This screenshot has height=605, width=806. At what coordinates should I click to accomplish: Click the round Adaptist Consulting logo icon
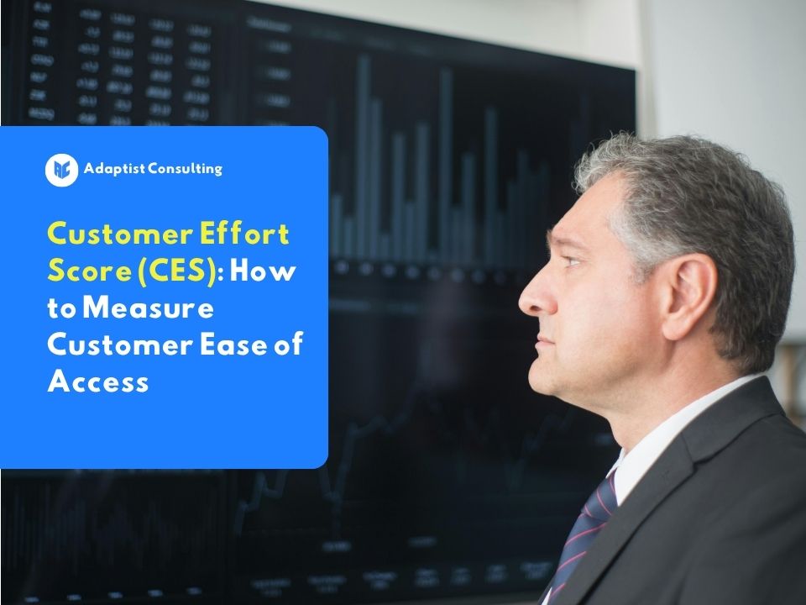61,170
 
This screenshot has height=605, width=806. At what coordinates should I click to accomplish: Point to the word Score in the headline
84,271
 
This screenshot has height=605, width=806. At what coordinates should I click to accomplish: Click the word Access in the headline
98,381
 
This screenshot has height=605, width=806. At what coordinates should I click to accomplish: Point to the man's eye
572,263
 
